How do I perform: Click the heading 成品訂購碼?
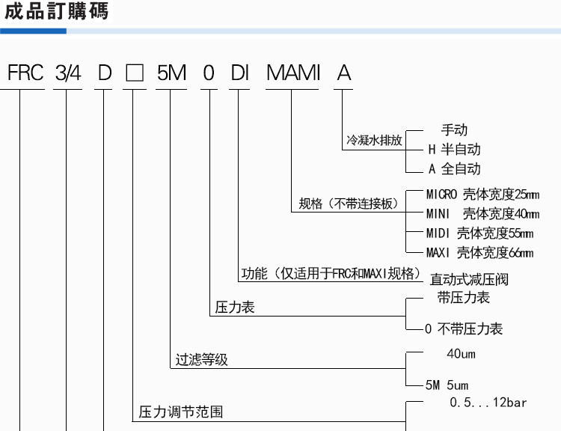point(56,11)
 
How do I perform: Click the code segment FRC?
point(25,73)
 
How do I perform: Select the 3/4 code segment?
point(68,73)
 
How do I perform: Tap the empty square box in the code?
point(135,73)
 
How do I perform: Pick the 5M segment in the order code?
point(172,73)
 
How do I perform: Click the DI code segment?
point(239,73)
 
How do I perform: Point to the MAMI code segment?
point(293,73)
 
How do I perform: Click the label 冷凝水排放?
point(374,140)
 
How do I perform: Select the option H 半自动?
point(454,149)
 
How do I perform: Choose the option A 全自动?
point(454,168)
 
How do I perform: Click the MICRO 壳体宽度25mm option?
point(482,195)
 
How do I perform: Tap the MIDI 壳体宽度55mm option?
point(479,233)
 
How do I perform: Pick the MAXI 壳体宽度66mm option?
point(479,253)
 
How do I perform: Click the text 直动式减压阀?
point(469,279)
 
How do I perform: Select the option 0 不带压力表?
point(464,328)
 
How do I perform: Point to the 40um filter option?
point(462,354)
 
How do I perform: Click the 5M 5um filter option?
point(447,385)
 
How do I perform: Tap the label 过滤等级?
point(202,359)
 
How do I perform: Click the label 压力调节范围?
point(181,412)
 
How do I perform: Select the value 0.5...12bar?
point(488,403)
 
